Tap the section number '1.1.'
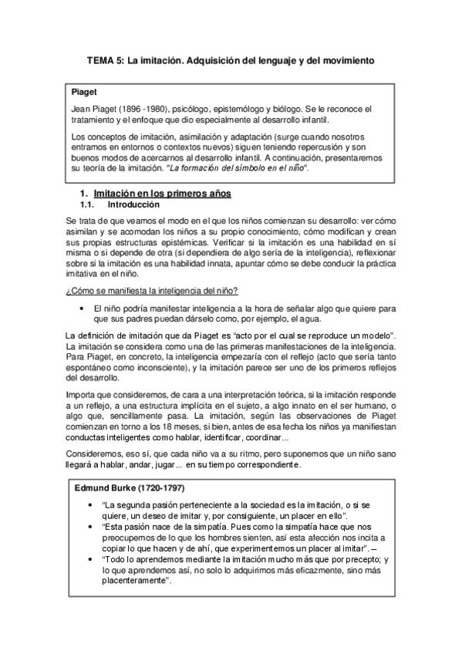click(x=88, y=204)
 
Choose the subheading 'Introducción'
click(x=133, y=204)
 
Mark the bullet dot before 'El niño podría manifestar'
click(x=82, y=308)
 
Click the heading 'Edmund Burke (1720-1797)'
click(x=125, y=487)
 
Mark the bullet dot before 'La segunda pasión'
click(x=93, y=505)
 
